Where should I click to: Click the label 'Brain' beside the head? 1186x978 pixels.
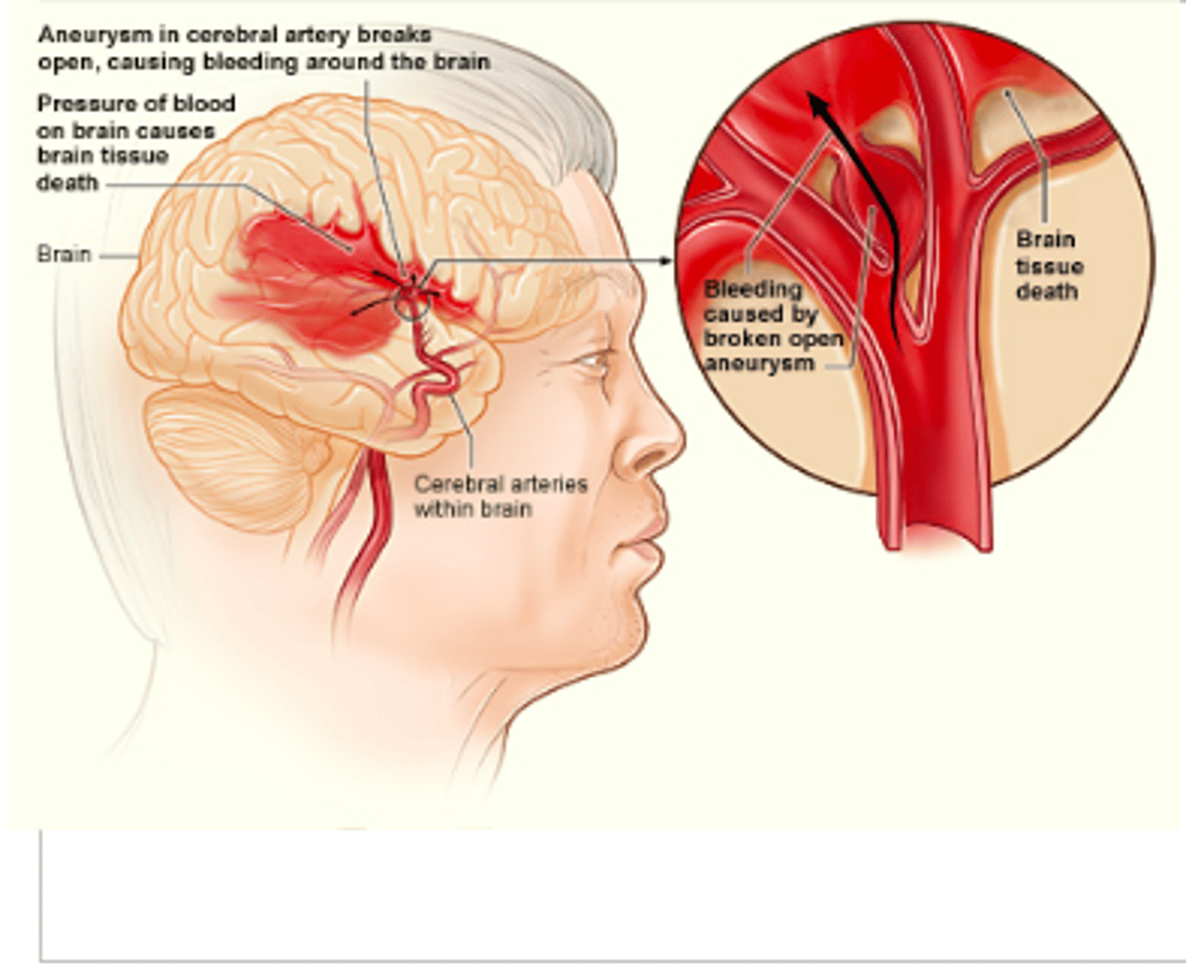tap(63, 254)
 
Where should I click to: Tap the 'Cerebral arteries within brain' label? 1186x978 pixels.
tap(500, 496)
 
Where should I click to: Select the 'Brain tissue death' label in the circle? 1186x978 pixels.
tap(1048, 265)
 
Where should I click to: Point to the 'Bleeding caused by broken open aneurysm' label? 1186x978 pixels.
tap(772, 326)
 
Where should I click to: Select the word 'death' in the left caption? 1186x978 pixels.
tap(67, 183)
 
